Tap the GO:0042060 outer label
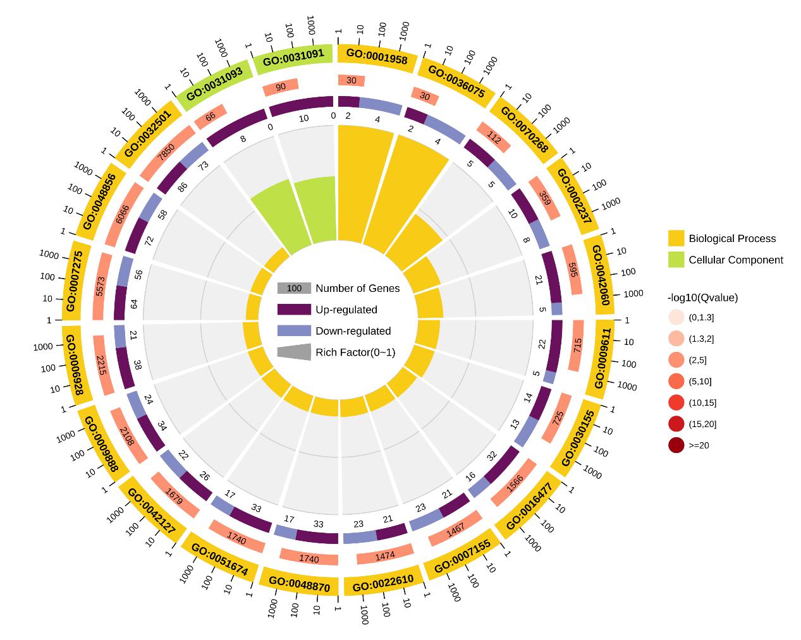pyautogui.click(x=600, y=275)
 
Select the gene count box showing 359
pyautogui.click(x=544, y=197)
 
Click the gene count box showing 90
pyautogui.click(x=280, y=87)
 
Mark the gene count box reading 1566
pyautogui.click(x=514, y=482)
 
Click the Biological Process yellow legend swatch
pyautogui.click(x=676, y=238)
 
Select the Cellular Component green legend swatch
pyautogui.click(x=676, y=259)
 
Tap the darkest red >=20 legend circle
pyautogui.click(x=676, y=445)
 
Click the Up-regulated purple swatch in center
pyautogui.click(x=294, y=310)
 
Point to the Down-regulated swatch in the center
pyautogui.click(x=294, y=331)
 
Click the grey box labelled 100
pyautogui.click(x=294, y=288)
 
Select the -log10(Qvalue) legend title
pyautogui.click(x=702, y=298)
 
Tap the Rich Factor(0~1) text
pyautogui.click(x=355, y=352)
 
